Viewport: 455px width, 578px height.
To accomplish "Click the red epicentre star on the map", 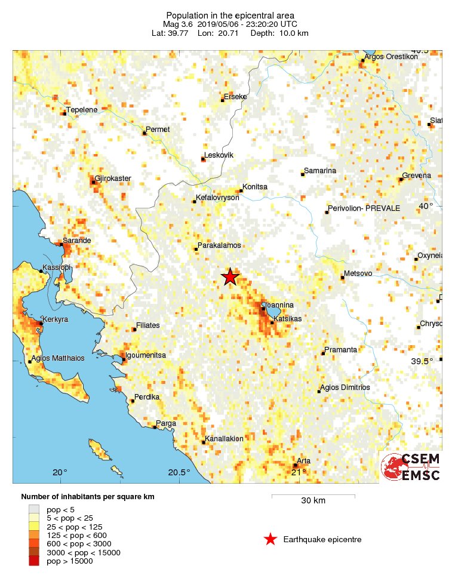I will (230, 276).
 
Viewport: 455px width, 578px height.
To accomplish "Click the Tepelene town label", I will (81, 109).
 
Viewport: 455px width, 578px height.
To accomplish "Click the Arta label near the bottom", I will (303, 461).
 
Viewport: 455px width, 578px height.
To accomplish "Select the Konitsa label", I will (254, 186).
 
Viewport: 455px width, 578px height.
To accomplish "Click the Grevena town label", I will (416, 176).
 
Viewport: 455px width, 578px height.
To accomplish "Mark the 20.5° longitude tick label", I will (179, 473).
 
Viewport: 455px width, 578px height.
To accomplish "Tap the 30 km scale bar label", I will (313, 500).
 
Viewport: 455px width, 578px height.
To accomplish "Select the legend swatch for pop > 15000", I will (34, 561).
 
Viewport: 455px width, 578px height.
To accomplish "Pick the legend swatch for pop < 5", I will (34, 509).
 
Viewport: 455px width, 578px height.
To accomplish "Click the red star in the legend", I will (270, 540).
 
